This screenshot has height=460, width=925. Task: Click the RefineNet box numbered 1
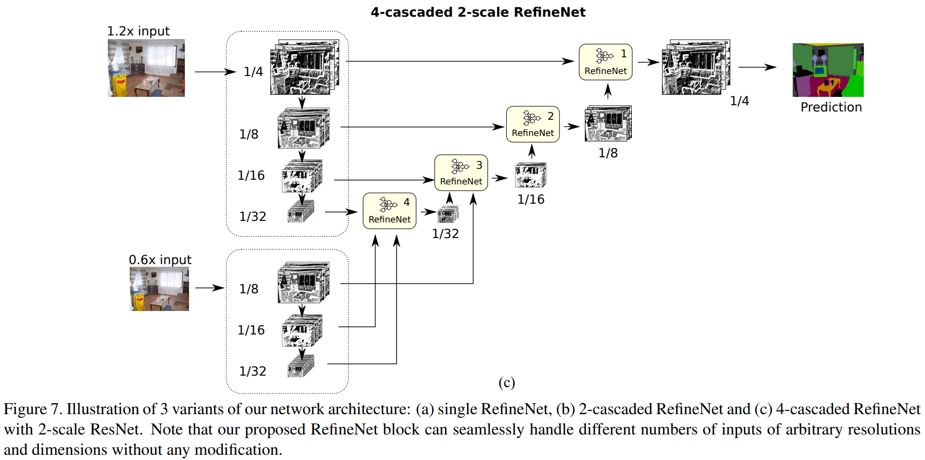tap(605, 62)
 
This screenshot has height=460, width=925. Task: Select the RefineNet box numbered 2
tap(533, 125)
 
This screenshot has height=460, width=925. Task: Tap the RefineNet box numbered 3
tap(461, 173)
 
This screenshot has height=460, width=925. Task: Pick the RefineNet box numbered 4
tap(389, 211)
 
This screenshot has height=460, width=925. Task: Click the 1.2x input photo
tap(146, 68)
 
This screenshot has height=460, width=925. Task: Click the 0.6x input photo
tap(159, 289)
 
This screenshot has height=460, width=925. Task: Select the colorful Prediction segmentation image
tap(828, 70)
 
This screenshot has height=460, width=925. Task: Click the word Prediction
tap(831, 107)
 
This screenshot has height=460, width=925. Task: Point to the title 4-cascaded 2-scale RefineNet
tap(478, 12)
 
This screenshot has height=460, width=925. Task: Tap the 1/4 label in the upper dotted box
tap(253, 72)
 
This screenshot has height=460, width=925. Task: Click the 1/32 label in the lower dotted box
tap(253, 371)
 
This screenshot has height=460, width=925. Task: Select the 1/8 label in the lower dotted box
tap(248, 289)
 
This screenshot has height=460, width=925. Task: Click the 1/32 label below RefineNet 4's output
tap(445, 234)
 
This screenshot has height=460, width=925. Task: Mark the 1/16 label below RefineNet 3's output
tap(530, 200)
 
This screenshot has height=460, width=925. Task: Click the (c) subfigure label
tap(506, 383)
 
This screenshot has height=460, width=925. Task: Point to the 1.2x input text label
tap(138, 31)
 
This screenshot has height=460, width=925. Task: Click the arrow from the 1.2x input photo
tap(215, 72)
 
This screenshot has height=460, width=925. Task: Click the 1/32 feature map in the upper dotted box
tap(301, 212)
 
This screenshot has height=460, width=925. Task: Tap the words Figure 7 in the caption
tap(32, 409)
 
